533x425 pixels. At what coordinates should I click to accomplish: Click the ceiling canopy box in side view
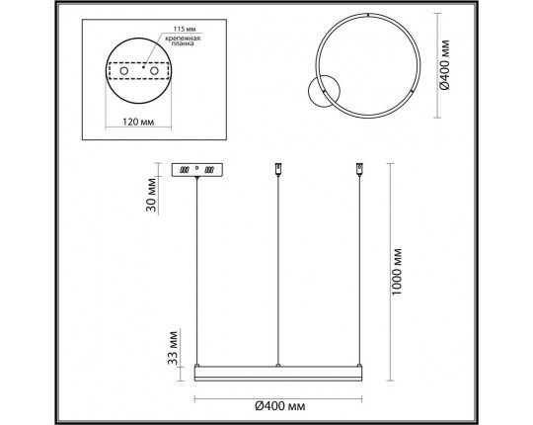point(197,170)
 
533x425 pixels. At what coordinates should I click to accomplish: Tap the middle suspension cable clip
point(279,171)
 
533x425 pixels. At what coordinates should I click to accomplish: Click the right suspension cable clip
point(358,171)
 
